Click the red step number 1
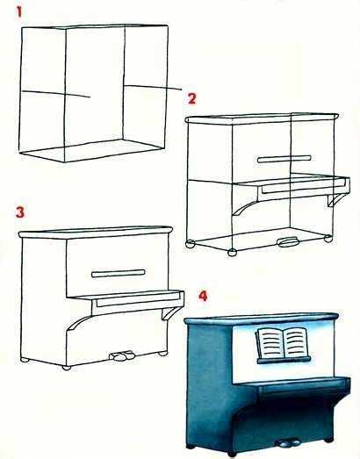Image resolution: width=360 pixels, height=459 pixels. click(19, 12)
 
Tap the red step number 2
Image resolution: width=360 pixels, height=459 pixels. click(192, 98)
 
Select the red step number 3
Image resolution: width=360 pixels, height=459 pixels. click(20, 212)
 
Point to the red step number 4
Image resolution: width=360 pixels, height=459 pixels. click(203, 296)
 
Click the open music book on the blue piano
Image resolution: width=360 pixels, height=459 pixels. click(283, 342)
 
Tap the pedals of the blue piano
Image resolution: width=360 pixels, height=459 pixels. click(289, 443)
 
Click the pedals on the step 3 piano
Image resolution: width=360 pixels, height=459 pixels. click(122, 355)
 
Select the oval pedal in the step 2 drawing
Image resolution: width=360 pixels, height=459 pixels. click(289, 242)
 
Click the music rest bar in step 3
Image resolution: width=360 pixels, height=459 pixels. click(119, 274)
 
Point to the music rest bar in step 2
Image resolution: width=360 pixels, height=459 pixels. click(284, 159)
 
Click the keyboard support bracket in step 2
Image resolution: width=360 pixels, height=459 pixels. click(336, 199)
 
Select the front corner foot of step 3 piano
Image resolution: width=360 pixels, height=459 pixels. click(67, 368)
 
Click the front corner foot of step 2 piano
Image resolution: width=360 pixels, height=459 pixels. click(233, 253)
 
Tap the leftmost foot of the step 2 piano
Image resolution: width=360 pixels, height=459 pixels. click(191, 244)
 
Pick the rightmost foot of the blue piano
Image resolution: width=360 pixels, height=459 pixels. click(328, 440)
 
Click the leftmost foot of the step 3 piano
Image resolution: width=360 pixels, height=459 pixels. click(25, 360)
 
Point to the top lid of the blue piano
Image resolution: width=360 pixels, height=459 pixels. click(262, 319)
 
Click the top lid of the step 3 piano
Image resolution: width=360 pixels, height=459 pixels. click(96, 232)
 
